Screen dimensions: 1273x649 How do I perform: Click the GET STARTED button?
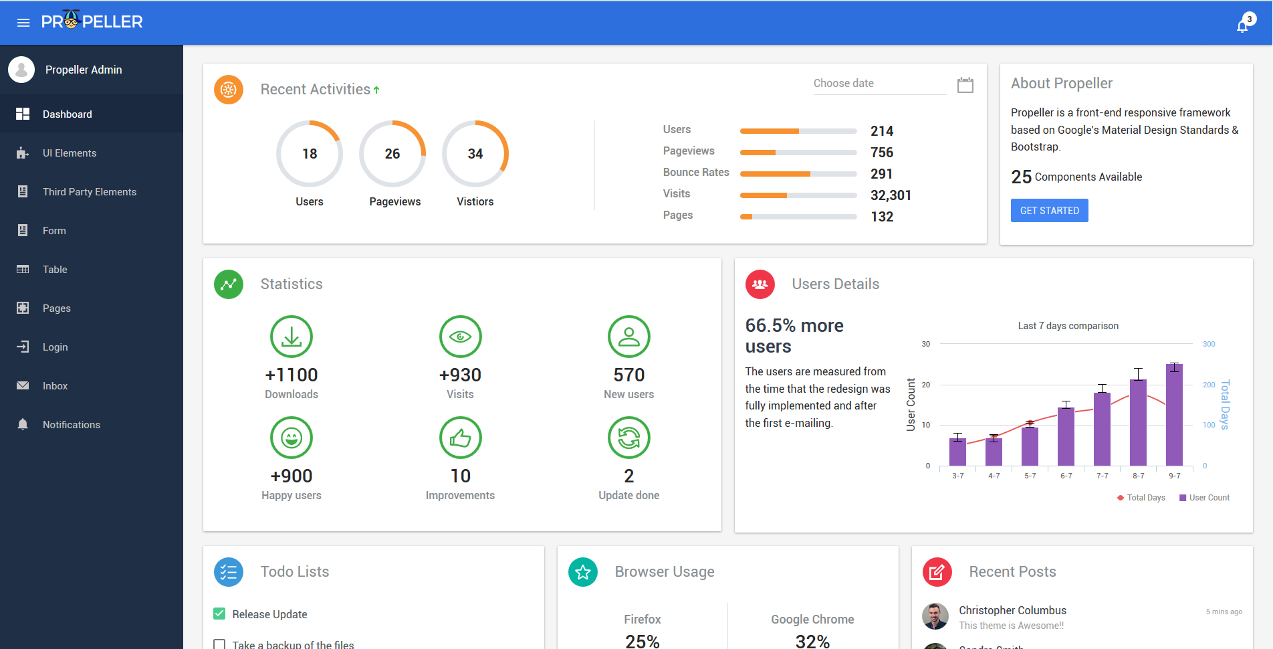point(1049,210)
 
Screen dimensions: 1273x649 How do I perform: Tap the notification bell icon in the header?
point(1242,25)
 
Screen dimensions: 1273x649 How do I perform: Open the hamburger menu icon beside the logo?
point(23,23)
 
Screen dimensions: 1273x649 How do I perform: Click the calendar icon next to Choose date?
point(965,85)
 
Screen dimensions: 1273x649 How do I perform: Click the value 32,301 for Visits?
point(891,195)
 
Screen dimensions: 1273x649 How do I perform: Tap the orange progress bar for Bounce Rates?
point(775,174)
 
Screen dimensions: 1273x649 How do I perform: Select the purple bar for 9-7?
point(1174,415)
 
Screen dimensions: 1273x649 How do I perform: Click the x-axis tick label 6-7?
point(1066,476)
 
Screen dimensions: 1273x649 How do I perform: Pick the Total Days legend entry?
point(1141,498)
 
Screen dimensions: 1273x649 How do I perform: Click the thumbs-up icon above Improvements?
point(460,438)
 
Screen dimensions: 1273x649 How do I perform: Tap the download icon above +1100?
point(292,337)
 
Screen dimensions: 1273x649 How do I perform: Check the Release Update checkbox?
point(219,614)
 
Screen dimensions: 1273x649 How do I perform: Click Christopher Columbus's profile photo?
point(935,616)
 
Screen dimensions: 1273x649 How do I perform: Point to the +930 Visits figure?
point(460,375)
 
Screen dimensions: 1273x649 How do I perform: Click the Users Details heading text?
point(836,284)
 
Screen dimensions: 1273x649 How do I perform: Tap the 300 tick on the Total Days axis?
point(1209,344)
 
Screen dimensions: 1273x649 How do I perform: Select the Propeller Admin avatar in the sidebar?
point(21,70)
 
